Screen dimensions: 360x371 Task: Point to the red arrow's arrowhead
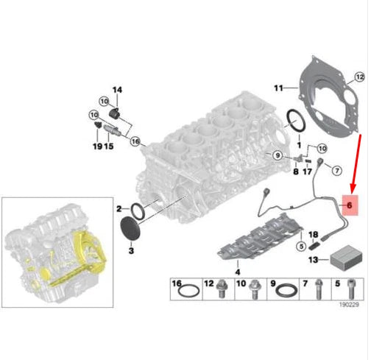pos(350,188)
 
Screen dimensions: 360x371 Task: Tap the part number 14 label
pos(117,90)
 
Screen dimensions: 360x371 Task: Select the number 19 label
pos(97,147)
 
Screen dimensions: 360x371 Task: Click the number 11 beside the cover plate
pos(279,88)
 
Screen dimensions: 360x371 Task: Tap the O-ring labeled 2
pos(140,209)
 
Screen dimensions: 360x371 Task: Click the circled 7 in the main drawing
pos(335,171)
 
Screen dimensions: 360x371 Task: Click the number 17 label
pos(307,172)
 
